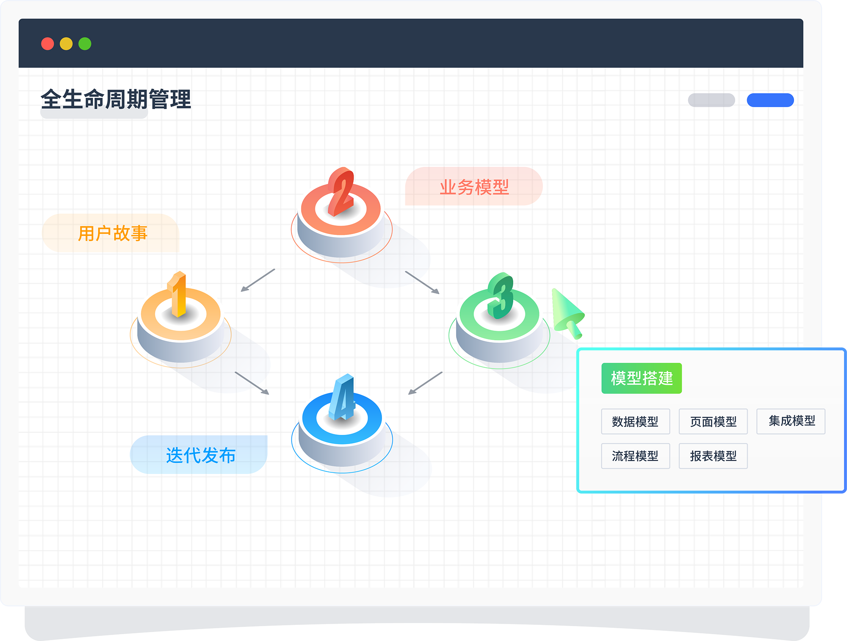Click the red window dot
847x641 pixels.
tap(47, 44)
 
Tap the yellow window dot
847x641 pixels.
tap(66, 44)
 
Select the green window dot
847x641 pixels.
tap(85, 44)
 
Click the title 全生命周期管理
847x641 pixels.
tap(116, 99)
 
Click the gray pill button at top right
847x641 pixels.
tap(711, 100)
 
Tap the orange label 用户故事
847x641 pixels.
tap(112, 233)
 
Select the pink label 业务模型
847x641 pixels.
tap(474, 187)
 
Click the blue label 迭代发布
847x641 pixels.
tap(200, 455)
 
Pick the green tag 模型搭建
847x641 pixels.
tap(641, 378)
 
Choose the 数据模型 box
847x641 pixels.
tap(635, 421)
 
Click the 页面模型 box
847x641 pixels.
tap(713, 421)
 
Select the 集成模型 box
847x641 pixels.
tap(791, 421)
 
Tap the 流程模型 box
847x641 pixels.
tap(635, 456)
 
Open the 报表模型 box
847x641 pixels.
tap(713, 456)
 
